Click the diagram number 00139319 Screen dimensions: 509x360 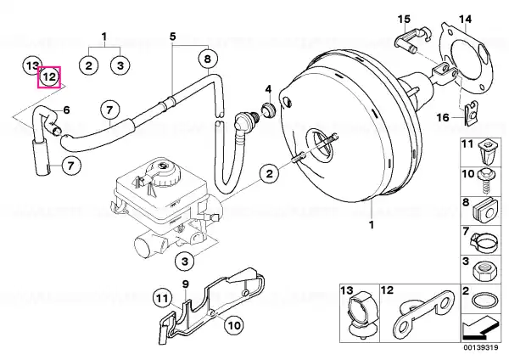pos(480,348)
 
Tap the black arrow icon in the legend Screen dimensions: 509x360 pos(480,330)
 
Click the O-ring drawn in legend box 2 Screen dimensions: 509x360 pos(484,301)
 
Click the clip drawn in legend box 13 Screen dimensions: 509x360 pos(361,314)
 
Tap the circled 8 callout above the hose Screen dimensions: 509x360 pos(208,59)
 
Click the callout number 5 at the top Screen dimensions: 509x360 pos(173,36)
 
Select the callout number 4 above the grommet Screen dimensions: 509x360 pos(268,88)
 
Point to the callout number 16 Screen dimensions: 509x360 pos(443,117)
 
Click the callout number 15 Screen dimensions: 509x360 pos(404,20)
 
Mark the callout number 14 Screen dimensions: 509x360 pos(465,20)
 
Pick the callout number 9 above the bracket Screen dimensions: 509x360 pos(185,284)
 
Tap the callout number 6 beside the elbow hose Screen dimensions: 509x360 pos(66,110)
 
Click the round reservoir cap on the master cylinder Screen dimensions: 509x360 pos(166,173)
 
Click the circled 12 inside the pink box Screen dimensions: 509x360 pos(49,77)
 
